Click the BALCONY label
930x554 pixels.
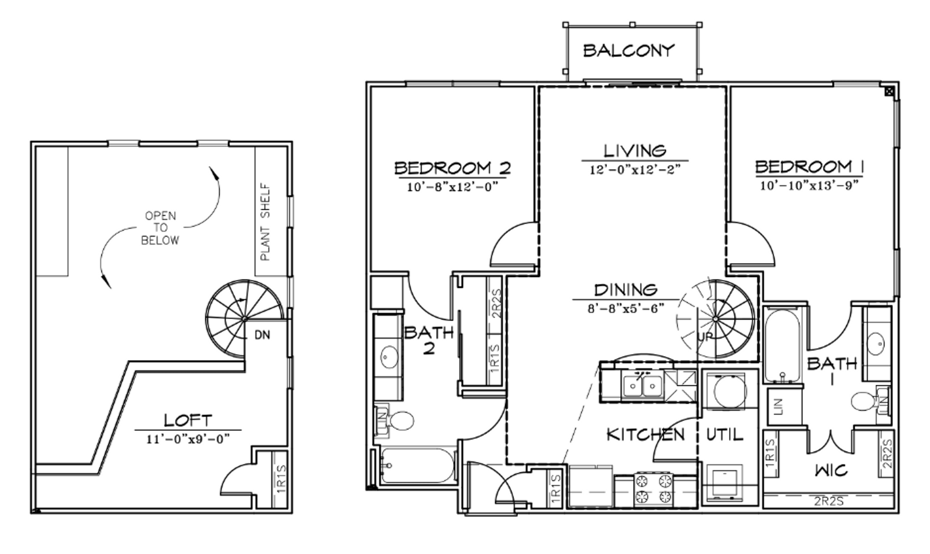coord(629,50)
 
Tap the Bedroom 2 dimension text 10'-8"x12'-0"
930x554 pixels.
coord(453,187)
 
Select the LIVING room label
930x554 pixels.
coord(635,151)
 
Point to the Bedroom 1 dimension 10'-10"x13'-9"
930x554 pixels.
coord(809,185)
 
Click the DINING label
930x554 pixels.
coord(626,290)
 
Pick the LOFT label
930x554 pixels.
coord(188,421)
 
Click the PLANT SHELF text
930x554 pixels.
coord(265,222)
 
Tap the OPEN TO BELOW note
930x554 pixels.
coord(160,228)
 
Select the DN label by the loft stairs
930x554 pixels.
coord(262,335)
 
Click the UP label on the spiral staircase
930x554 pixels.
coord(706,338)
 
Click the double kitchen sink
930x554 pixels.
coord(642,385)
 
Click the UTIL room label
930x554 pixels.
coord(725,435)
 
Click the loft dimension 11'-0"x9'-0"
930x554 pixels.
coord(188,439)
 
